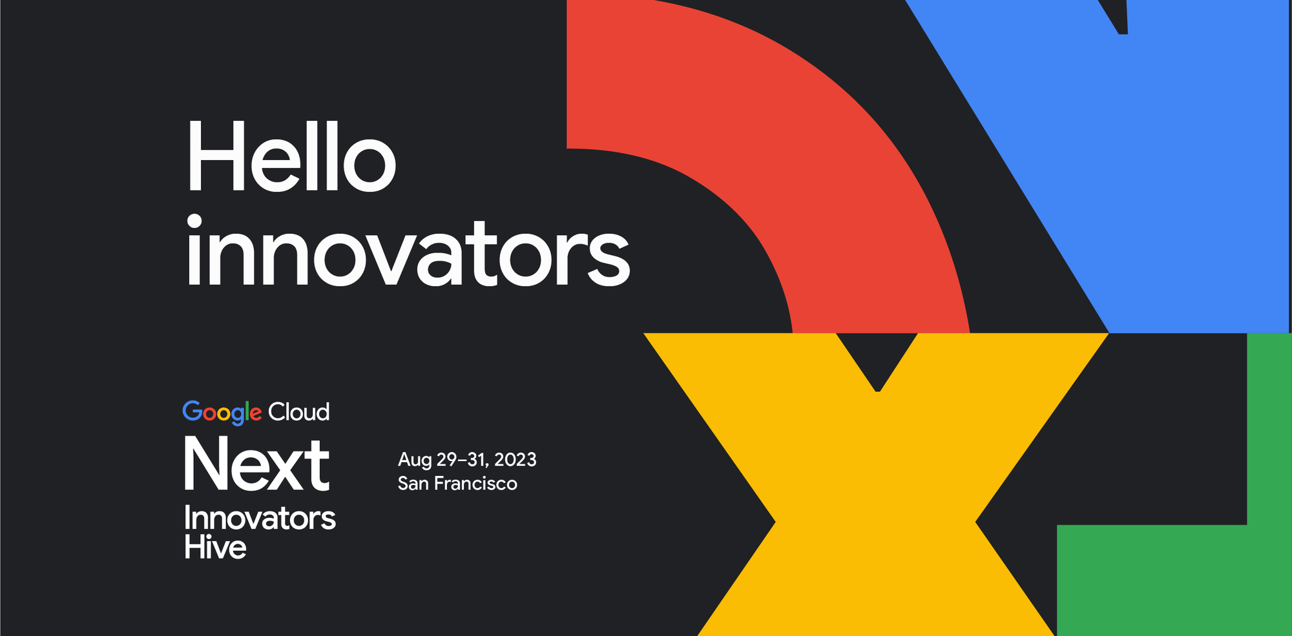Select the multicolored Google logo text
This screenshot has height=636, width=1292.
point(222,413)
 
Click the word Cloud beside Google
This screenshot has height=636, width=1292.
point(298,412)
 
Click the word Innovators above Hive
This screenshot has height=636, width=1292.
point(260,518)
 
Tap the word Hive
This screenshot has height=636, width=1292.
point(215,548)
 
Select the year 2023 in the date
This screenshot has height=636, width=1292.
point(515,460)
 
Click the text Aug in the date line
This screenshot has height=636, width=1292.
point(414,460)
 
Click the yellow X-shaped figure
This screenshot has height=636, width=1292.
point(875,517)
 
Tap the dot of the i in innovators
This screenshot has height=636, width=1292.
point(194,221)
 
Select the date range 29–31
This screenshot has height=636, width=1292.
point(461,460)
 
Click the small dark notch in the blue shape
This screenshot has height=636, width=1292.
point(1119,16)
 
